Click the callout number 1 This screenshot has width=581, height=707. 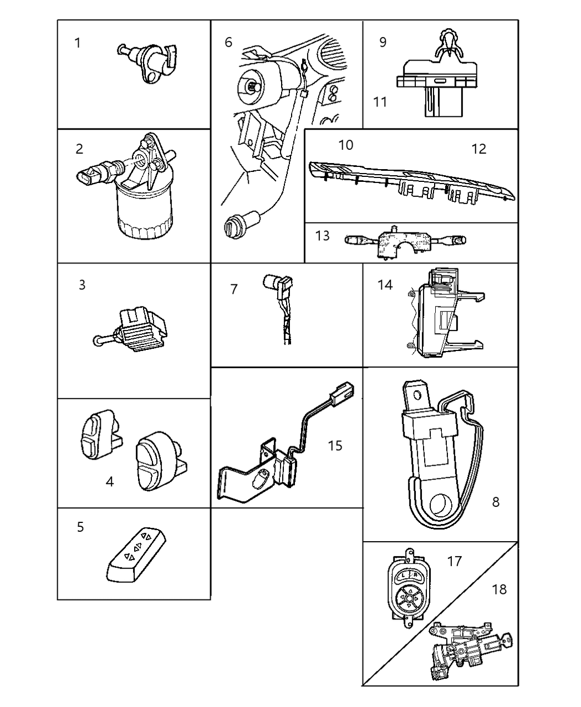point(78,43)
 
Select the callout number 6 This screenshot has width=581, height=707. point(228,42)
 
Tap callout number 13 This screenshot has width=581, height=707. point(322,236)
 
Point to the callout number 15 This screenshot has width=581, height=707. point(335,445)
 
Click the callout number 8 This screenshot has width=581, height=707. point(496,502)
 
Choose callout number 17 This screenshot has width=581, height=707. point(454,561)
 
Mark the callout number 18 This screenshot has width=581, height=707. point(499,589)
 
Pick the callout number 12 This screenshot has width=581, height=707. point(478,149)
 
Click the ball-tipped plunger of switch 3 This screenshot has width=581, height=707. point(96,340)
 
